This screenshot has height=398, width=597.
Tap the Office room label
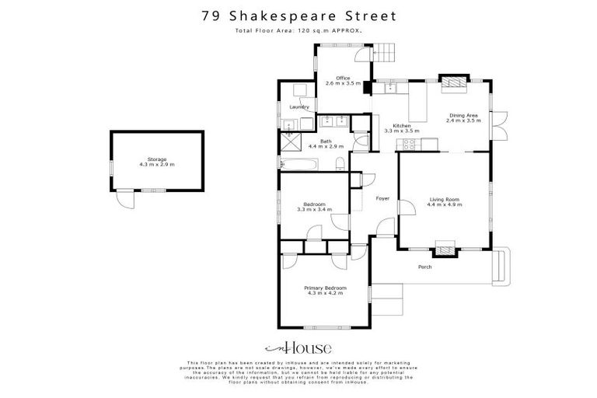point(343,78)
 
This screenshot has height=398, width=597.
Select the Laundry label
point(299,106)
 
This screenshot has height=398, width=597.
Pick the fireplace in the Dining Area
point(452,82)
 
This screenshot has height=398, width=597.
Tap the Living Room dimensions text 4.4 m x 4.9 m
point(445,205)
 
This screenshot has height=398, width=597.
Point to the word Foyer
point(382,198)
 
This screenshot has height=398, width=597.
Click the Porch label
point(424,267)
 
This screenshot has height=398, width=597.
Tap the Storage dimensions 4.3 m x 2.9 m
point(157,164)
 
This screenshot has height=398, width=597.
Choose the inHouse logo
point(298,347)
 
